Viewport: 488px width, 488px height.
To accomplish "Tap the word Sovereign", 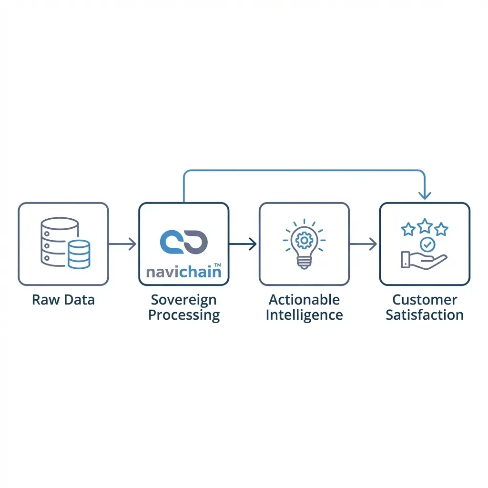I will [x=183, y=300].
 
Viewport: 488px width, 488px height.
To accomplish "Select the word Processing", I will [x=183, y=315].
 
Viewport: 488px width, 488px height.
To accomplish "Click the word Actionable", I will [x=304, y=300].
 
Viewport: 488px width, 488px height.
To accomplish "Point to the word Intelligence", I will [x=304, y=315].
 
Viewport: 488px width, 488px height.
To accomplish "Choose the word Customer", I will [x=425, y=300].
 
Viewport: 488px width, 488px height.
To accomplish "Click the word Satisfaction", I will [x=425, y=315].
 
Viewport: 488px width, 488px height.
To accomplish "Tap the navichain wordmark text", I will [x=181, y=272].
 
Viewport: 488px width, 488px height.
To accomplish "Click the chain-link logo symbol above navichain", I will [x=184, y=241].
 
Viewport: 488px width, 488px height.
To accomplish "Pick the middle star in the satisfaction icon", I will [x=425, y=225].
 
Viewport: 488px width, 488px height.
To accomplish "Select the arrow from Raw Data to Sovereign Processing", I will [x=123, y=244].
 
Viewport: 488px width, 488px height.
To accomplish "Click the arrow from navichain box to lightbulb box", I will [x=244, y=244].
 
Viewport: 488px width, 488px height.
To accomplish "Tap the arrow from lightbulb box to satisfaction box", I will [x=364, y=244].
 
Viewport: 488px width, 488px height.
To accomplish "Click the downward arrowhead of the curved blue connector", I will [x=425, y=195].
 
